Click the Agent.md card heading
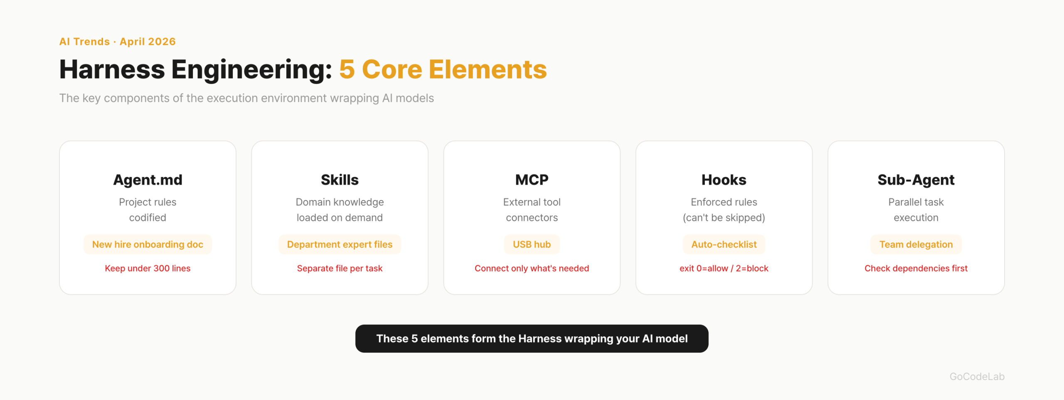(x=148, y=180)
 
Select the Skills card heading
(x=340, y=180)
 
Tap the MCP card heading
(x=532, y=180)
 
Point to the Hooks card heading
(x=724, y=180)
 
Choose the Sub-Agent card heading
(x=916, y=180)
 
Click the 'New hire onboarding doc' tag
(x=148, y=244)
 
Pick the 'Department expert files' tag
(x=340, y=244)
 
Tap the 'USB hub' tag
(x=532, y=244)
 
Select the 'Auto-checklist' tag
(x=724, y=244)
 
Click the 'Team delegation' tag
(x=916, y=244)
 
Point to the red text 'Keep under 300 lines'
(x=148, y=269)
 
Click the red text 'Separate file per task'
(x=340, y=269)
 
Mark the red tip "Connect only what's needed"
(x=532, y=269)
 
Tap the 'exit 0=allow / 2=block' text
(x=724, y=269)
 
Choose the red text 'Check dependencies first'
(x=916, y=269)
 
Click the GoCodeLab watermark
(x=977, y=377)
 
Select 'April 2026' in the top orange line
(x=148, y=42)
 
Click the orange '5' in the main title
(x=347, y=69)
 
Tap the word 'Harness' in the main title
(x=112, y=69)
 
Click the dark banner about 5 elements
(x=532, y=339)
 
